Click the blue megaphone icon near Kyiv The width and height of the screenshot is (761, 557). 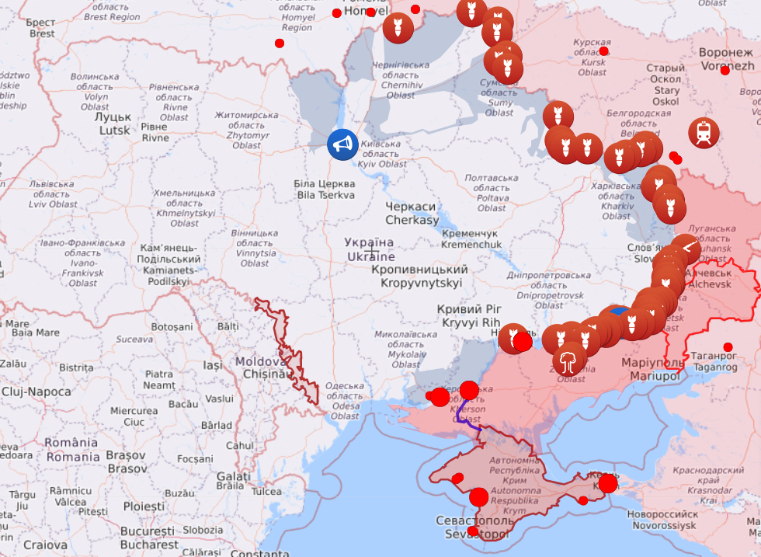click(x=342, y=144)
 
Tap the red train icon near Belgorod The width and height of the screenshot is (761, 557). click(x=704, y=133)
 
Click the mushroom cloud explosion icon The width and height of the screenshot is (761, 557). click(x=569, y=360)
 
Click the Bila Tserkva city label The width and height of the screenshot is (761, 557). click(x=325, y=189)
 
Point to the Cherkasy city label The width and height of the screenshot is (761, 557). click(x=412, y=214)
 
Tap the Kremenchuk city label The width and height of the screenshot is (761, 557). click(x=471, y=238)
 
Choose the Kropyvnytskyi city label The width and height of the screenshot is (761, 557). click(x=421, y=277)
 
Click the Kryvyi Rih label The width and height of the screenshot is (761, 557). click(x=471, y=315)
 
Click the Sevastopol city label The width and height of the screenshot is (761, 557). click(x=473, y=527)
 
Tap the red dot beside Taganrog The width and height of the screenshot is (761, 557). click(x=728, y=347)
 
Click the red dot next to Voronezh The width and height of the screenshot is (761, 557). click(x=725, y=71)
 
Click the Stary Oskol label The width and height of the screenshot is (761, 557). click(x=665, y=85)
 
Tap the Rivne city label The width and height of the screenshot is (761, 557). click(x=155, y=132)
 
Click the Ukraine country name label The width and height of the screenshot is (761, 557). click(x=370, y=249)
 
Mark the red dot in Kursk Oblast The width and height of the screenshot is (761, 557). click(x=603, y=51)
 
